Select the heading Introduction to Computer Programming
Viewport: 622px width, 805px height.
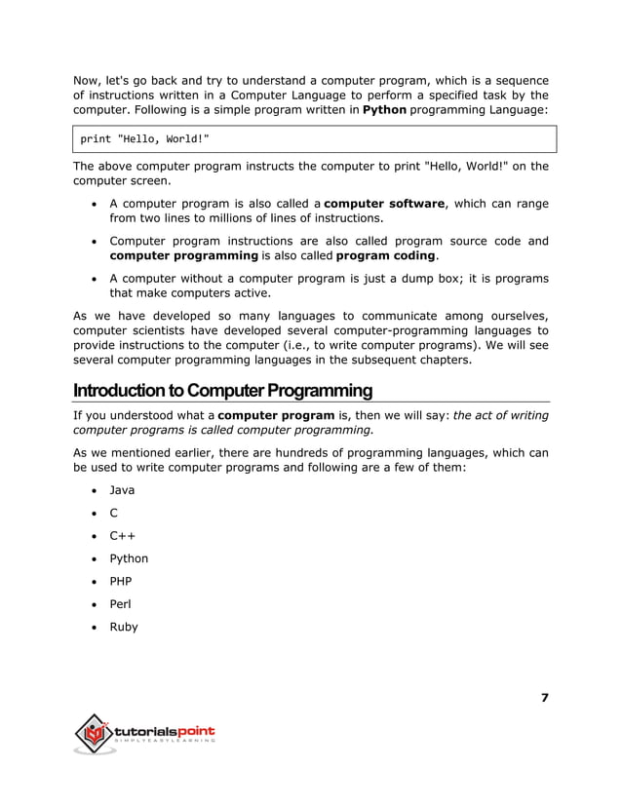(x=222, y=391)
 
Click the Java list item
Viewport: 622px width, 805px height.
(x=122, y=489)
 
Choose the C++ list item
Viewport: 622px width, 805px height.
(x=123, y=535)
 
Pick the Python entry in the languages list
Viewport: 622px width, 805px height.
(x=129, y=558)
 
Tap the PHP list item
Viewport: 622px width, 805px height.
(x=121, y=581)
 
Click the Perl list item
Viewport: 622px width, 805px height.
(x=121, y=604)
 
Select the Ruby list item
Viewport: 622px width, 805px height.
(x=124, y=627)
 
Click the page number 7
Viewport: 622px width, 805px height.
(x=544, y=697)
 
